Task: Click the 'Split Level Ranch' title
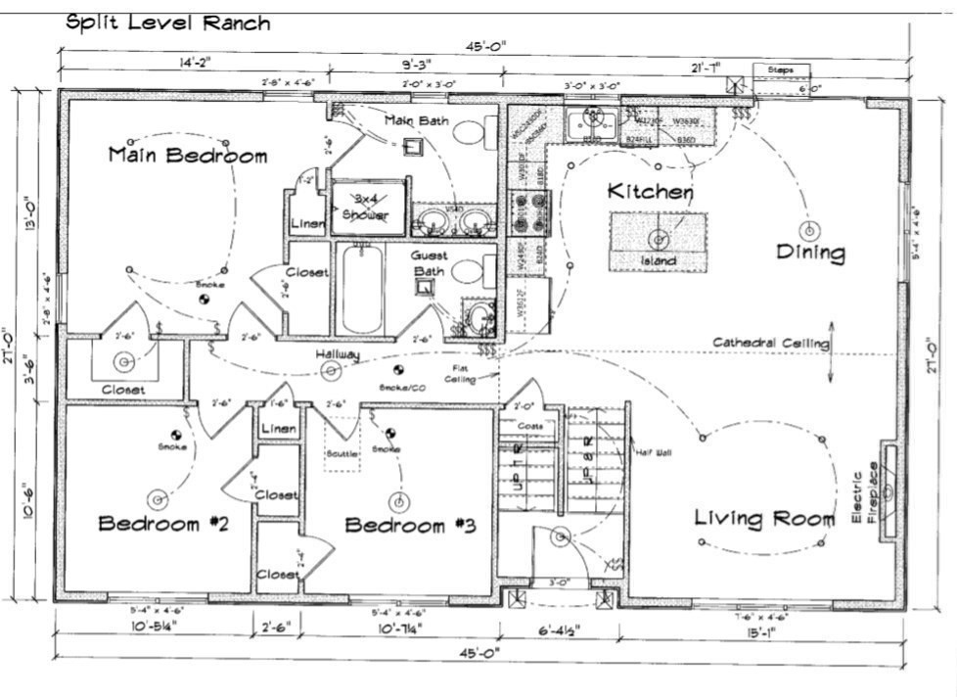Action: [x=167, y=23]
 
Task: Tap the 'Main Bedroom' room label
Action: [x=187, y=155]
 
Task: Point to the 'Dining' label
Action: [x=809, y=253]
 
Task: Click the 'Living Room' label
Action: [x=764, y=518]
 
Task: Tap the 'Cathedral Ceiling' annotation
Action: [x=770, y=343]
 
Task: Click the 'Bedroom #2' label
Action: [x=162, y=525]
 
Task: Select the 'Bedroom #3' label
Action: [x=410, y=526]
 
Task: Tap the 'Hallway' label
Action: [x=338, y=354]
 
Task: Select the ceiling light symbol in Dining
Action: [x=809, y=231]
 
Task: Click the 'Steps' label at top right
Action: [x=780, y=70]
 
